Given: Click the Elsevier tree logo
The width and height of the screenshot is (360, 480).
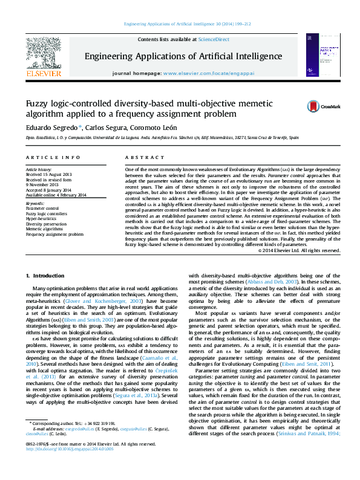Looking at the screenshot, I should click(44, 54).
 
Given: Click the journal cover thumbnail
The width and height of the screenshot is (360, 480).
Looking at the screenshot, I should click(320, 55).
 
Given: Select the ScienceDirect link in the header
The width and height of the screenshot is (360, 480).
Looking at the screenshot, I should click(214, 39).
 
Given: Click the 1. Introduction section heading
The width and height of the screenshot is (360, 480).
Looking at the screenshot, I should click(44, 276).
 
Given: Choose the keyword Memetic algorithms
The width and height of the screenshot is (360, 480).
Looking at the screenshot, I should click(45, 229).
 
